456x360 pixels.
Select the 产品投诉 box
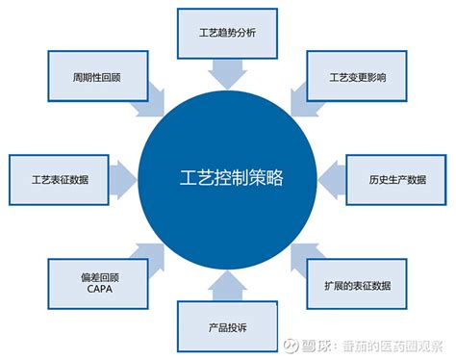tap(226, 328)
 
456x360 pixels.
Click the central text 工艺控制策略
tap(227, 179)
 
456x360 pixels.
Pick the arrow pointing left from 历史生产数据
tap(329, 178)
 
